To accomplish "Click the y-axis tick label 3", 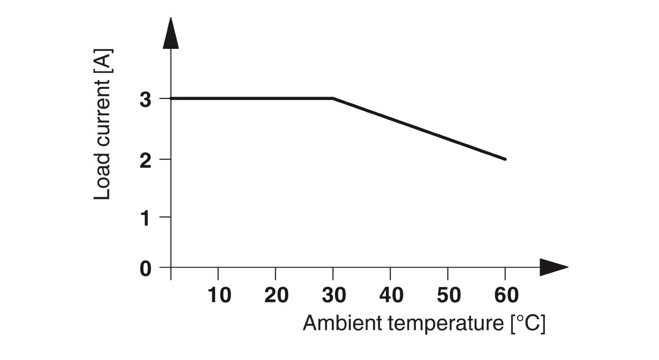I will coord(145,100).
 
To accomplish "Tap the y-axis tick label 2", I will coord(145,161).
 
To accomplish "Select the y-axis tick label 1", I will coord(145,218).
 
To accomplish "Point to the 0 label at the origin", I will coord(145,269).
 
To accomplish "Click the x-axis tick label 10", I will coord(219,295).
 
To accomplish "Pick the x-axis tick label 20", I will coord(276,295).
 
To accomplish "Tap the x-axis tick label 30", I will coord(334,295).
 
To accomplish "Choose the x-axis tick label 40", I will coord(391,295).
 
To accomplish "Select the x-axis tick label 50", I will coord(449,295).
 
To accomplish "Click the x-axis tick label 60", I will coord(506,295).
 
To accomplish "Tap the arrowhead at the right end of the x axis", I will coord(553,267).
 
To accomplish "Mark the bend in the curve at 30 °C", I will coord(333,98).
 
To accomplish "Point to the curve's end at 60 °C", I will coord(505,159).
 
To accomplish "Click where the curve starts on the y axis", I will coord(171,98).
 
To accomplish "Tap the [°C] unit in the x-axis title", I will coord(528,324).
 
